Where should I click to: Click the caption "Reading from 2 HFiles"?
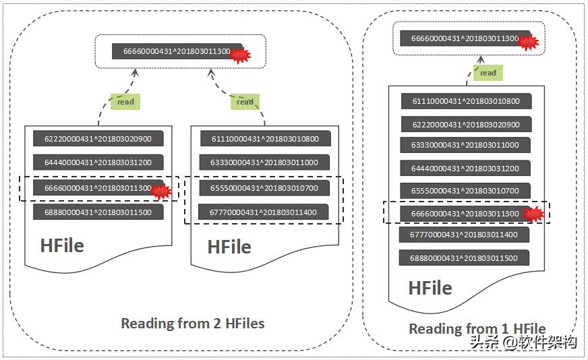[x=192, y=324]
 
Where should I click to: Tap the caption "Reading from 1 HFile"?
[x=477, y=328]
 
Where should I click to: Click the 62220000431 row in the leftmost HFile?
[x=98, y=139]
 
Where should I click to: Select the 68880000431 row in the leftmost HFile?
[x=98, y=212]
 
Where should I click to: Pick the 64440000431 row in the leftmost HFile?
[x=98, y=162]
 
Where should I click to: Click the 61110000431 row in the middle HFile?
[x=264, y=139]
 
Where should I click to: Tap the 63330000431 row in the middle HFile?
[x=264, y=162]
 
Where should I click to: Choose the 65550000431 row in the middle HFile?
[x=264, y=187]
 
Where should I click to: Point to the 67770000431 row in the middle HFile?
[x=264, y=212]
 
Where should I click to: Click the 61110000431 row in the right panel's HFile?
[x=466, y=101]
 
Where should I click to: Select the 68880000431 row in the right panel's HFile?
[x=465, y=258]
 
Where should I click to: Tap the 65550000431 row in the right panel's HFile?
[x=465, y=191]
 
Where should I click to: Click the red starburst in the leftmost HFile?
[x=160, y=191]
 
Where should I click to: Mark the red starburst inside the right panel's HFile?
[x=533, y=215]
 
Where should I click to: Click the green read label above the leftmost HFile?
[x=125, y=102]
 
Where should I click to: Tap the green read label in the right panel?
[x=488, y=73]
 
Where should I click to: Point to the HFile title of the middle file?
[x=229, y=247]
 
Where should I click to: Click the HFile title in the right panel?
[x=430, y=288]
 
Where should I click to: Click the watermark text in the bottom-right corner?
[x=523, y=342]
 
